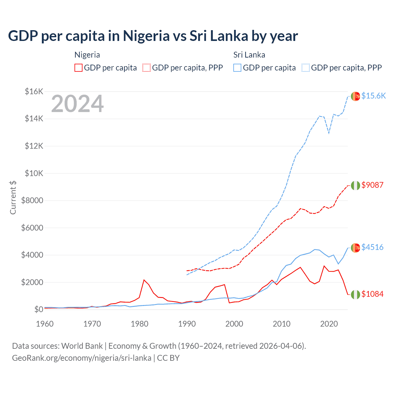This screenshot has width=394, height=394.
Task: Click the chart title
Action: tap(153, 36)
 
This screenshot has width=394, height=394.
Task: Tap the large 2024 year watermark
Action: tap(78, 104)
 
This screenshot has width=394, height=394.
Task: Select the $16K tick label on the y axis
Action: tap(34, 91)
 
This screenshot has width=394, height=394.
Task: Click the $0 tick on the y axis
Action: tap(38, 309)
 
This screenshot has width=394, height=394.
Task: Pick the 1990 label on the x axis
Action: tap(187, 324)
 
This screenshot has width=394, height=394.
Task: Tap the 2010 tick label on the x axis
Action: tap(282, 324)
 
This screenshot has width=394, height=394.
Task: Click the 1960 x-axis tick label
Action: tap(45, 324)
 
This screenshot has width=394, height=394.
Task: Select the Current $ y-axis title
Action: tap(13, 197)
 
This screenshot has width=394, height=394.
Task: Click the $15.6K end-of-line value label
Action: tap(373, 96)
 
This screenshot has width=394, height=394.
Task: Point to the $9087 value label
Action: tap(372, 185)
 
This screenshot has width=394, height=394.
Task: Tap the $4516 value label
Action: tap(372, 247)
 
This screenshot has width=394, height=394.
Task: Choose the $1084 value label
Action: tap(372, 294)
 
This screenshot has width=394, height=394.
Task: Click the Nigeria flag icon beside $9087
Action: tap(356, 186)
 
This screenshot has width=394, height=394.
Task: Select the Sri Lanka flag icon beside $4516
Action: tap(356, 247)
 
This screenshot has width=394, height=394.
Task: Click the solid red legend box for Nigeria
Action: tap(78, 68)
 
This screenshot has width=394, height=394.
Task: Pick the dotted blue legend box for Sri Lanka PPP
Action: tap(306, 68)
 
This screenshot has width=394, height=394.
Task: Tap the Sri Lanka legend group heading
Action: tap(249, 55)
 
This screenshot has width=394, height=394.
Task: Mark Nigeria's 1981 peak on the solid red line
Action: tap(144, 280)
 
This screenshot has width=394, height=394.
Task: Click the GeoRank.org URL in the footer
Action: tap(82, 358)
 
